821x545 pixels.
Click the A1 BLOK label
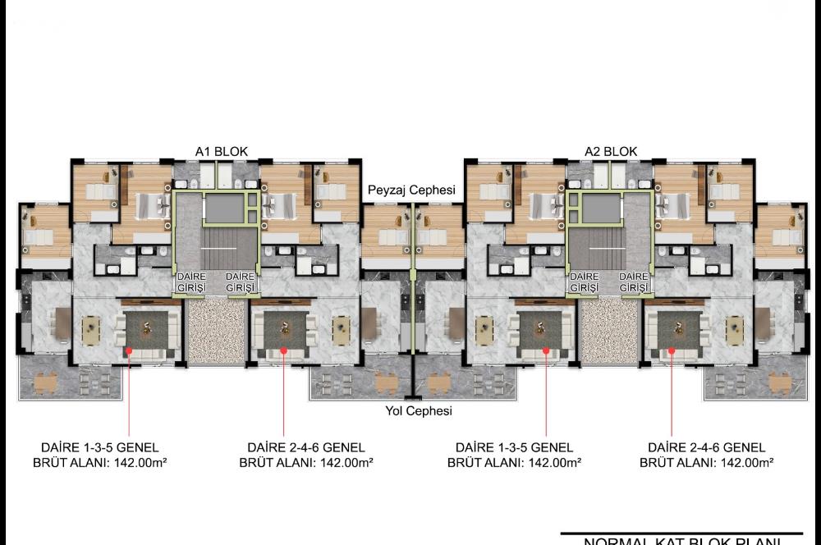tap(221, 151)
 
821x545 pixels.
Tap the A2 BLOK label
tap(611, 151)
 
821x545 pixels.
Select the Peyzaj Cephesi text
tap(411, 190)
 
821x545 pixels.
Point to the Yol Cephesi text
tap(419, 411)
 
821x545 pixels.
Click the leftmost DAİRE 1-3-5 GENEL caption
tap(100, 447)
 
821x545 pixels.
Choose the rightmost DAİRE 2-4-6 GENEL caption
tap(706, 447)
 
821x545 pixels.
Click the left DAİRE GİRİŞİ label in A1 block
tap(191, 282)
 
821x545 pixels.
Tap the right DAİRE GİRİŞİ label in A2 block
tap(634, 282)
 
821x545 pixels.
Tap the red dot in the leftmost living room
tap(128, 352)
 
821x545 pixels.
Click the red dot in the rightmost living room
tap(672, 352)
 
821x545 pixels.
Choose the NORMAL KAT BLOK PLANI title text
tap(681, 541)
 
